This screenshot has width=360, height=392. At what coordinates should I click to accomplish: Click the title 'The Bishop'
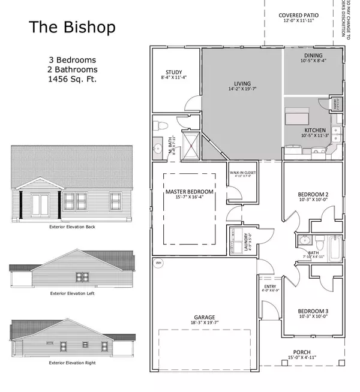[73, 28]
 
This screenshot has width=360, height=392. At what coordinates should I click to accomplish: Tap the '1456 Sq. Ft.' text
[73, 79]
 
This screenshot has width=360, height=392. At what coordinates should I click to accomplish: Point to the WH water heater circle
[159, 263]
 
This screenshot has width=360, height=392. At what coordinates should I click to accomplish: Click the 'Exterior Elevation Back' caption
[73, 227]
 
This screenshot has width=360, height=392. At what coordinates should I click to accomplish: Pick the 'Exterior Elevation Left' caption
[73, 294]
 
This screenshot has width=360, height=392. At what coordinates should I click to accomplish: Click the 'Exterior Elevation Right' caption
[73, 363]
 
